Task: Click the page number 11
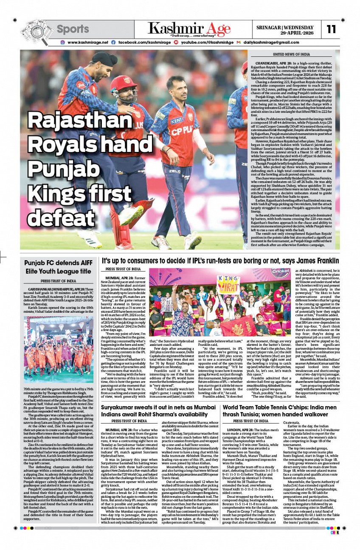(x=331, y=29)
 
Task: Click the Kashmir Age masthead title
(x=189, y=29)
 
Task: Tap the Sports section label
(x=73, y=29)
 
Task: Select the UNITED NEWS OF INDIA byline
(x=291, y=54)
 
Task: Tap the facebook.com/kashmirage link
(x=144, y=42)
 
